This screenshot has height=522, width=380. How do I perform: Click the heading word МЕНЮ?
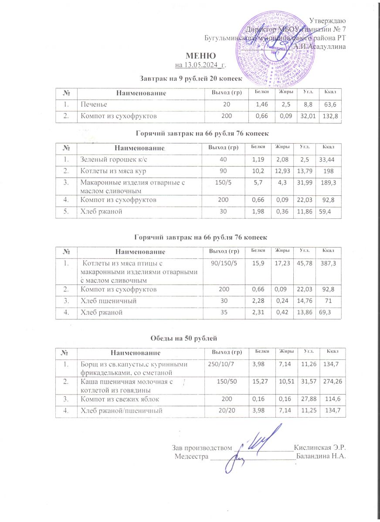[x=200, y=56]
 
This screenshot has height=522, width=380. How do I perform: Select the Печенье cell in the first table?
[x=93, y=105]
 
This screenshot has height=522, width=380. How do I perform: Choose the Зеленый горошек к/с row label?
[x=107, y=161]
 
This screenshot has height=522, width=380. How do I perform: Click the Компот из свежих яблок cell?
[x=117, y=398]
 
